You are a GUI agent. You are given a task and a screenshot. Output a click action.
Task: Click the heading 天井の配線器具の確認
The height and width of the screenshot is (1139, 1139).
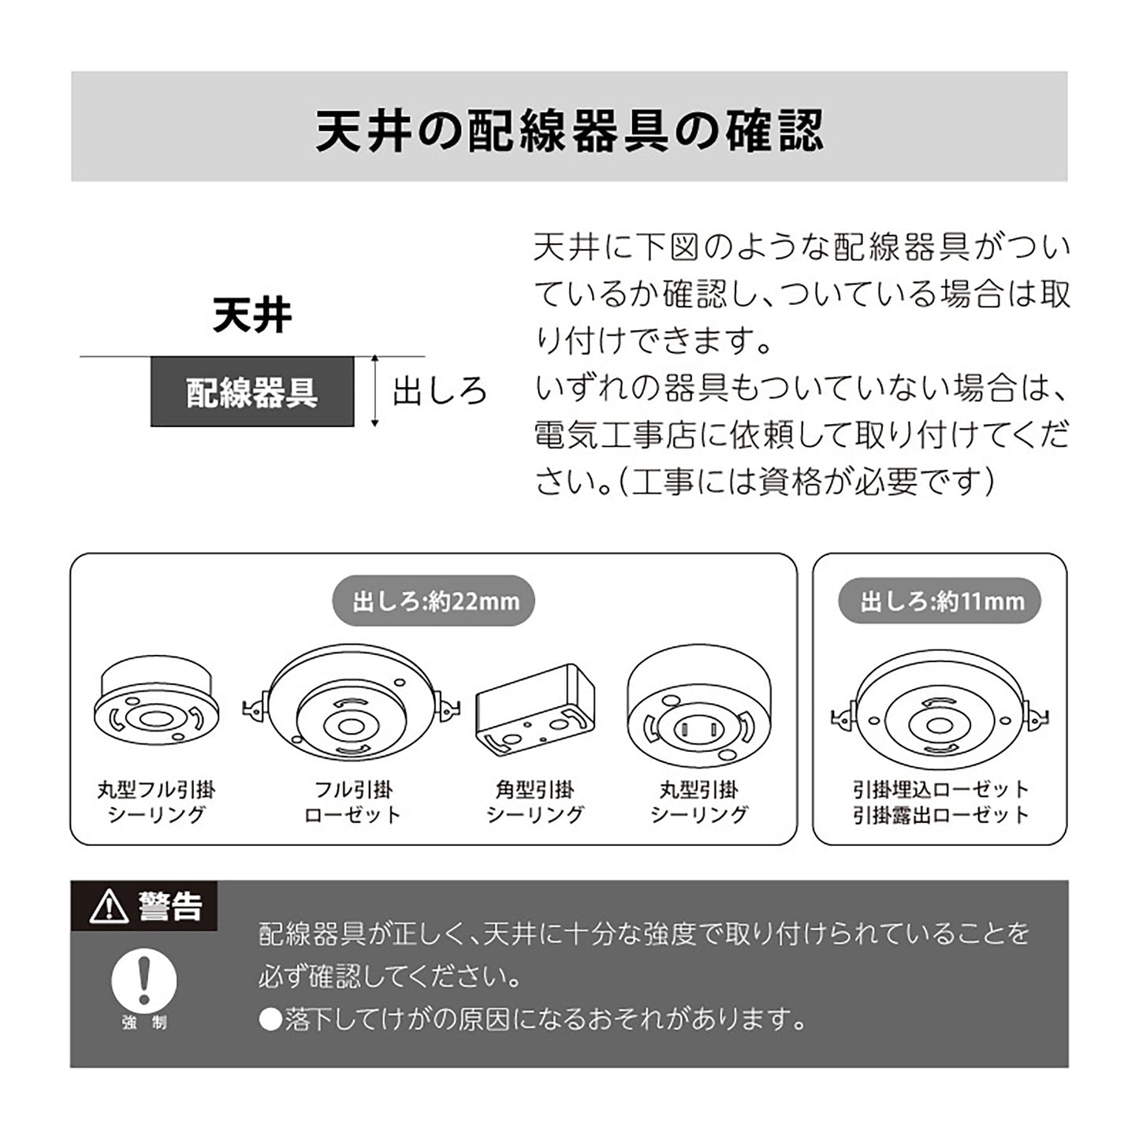point(569,131)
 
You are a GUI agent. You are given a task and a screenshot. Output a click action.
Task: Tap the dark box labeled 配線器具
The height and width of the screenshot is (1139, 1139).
point(252,391)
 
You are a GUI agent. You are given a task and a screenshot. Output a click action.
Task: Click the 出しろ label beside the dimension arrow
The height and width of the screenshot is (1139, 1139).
point(441,391)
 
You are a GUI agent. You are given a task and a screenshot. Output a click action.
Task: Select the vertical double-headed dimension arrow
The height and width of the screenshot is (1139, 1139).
point(374,391)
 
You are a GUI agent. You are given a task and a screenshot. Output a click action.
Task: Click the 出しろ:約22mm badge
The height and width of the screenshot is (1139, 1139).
point(434,601)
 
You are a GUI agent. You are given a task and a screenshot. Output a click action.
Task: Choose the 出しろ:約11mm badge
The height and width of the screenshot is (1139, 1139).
point(940,601)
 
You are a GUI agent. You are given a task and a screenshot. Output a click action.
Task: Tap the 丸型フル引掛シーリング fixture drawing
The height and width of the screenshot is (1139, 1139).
point(156,703)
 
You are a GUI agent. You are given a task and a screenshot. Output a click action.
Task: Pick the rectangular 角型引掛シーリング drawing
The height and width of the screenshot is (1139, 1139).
point(535,709)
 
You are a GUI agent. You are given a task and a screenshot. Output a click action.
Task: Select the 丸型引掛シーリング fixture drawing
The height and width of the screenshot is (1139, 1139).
point(698,704)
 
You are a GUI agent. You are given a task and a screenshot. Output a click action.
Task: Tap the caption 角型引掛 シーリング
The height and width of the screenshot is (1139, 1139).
point(535,802)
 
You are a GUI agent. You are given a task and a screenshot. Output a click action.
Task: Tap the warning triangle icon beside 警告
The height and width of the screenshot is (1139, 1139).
point(109,907)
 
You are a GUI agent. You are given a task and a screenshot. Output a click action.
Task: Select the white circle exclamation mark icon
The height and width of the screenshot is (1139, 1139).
point(144,981)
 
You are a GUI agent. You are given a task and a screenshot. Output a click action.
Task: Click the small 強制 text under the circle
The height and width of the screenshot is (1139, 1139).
point(145,1023)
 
